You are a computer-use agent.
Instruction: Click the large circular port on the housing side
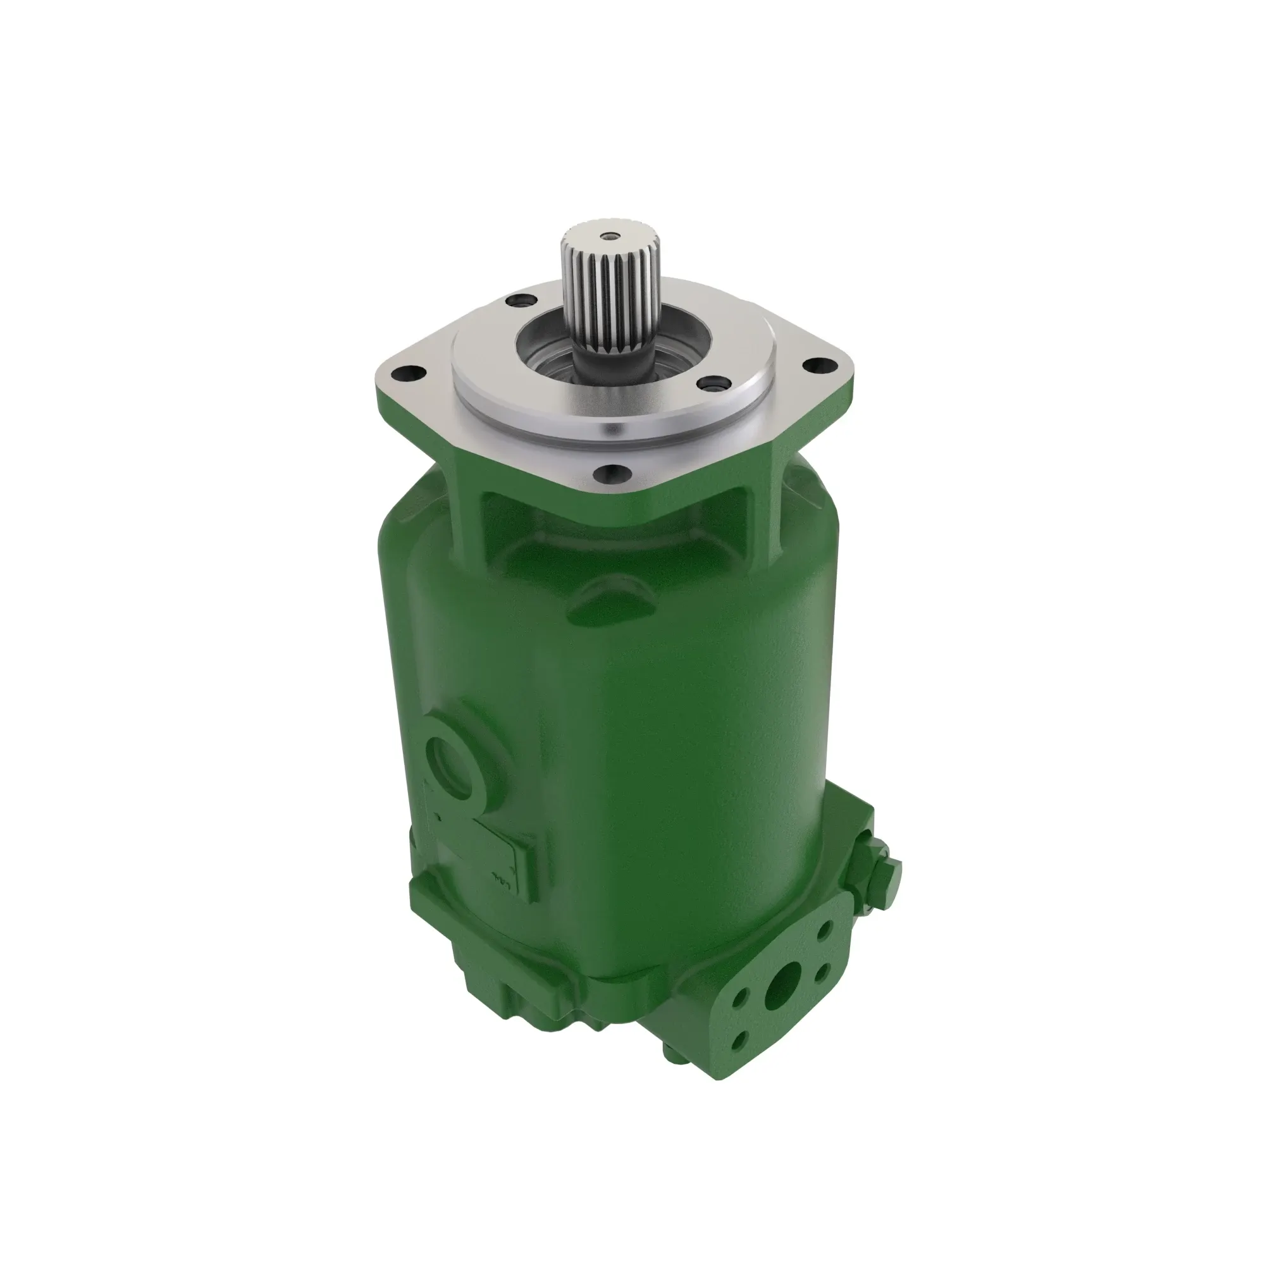click(450, 762)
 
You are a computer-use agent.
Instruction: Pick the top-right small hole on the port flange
click(826, 928)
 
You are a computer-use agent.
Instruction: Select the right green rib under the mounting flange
click(776, 510)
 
